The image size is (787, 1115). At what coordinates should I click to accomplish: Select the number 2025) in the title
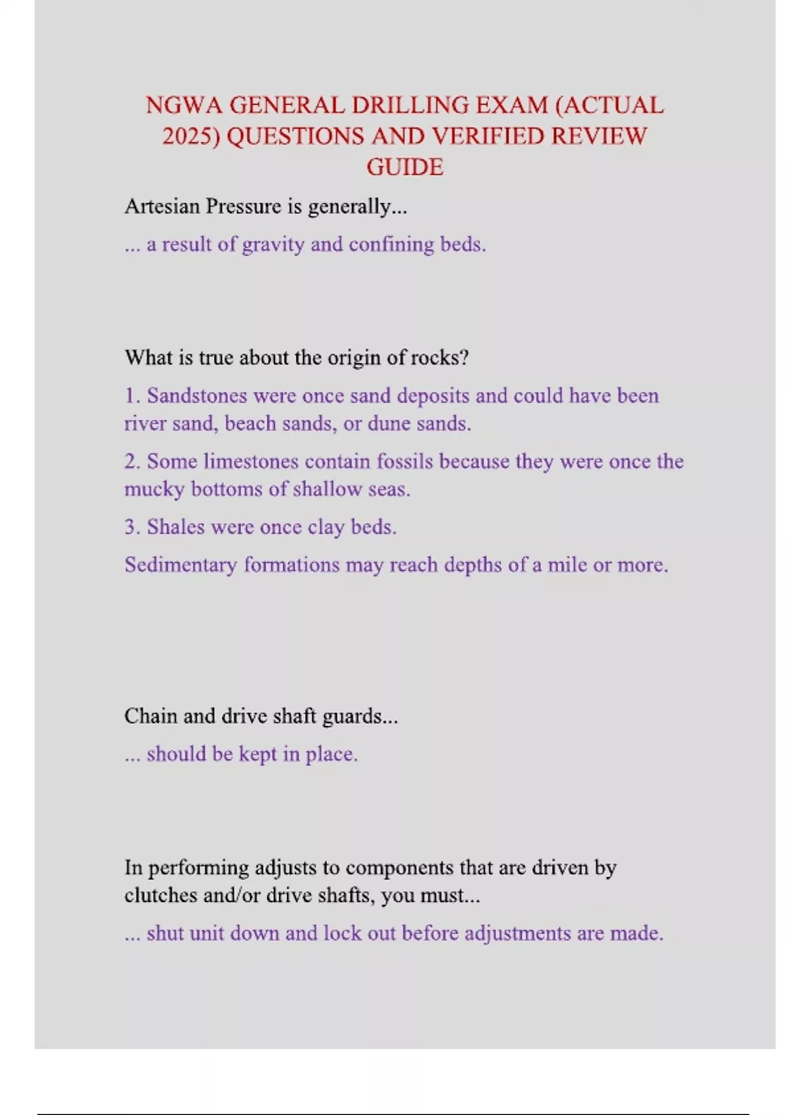[x=191, y=136]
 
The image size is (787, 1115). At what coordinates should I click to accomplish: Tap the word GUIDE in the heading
[x=405, y=167]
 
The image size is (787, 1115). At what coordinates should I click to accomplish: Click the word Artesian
[x=162, y=207]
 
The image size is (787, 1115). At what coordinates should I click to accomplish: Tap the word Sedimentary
[x=180, y=565]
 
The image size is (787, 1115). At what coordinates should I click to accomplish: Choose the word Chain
[x=151, y=716]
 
